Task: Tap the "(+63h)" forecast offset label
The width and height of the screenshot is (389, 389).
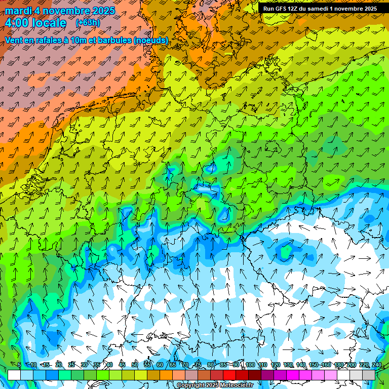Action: [88, 23]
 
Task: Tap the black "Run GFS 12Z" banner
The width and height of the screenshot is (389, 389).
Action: [320, 9]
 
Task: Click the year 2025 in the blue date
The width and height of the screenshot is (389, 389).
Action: [102, 11]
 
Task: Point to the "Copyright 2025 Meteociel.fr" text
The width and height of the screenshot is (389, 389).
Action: [215, 385]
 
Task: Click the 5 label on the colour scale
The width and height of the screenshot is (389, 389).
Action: [19, 365]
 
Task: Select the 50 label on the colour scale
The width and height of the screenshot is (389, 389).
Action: [135, 365]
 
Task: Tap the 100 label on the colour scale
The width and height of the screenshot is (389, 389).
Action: [250, 365]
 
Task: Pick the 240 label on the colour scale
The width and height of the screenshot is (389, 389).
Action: [376, 365]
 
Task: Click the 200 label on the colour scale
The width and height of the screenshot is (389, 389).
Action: [351, 365]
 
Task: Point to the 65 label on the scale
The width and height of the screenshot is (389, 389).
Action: [173, 365]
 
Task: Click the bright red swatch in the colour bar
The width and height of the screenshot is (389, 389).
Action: [229, 375]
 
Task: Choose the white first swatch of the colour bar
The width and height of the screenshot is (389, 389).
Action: [14, 375]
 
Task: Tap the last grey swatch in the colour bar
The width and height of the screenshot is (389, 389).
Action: [369, 375]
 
